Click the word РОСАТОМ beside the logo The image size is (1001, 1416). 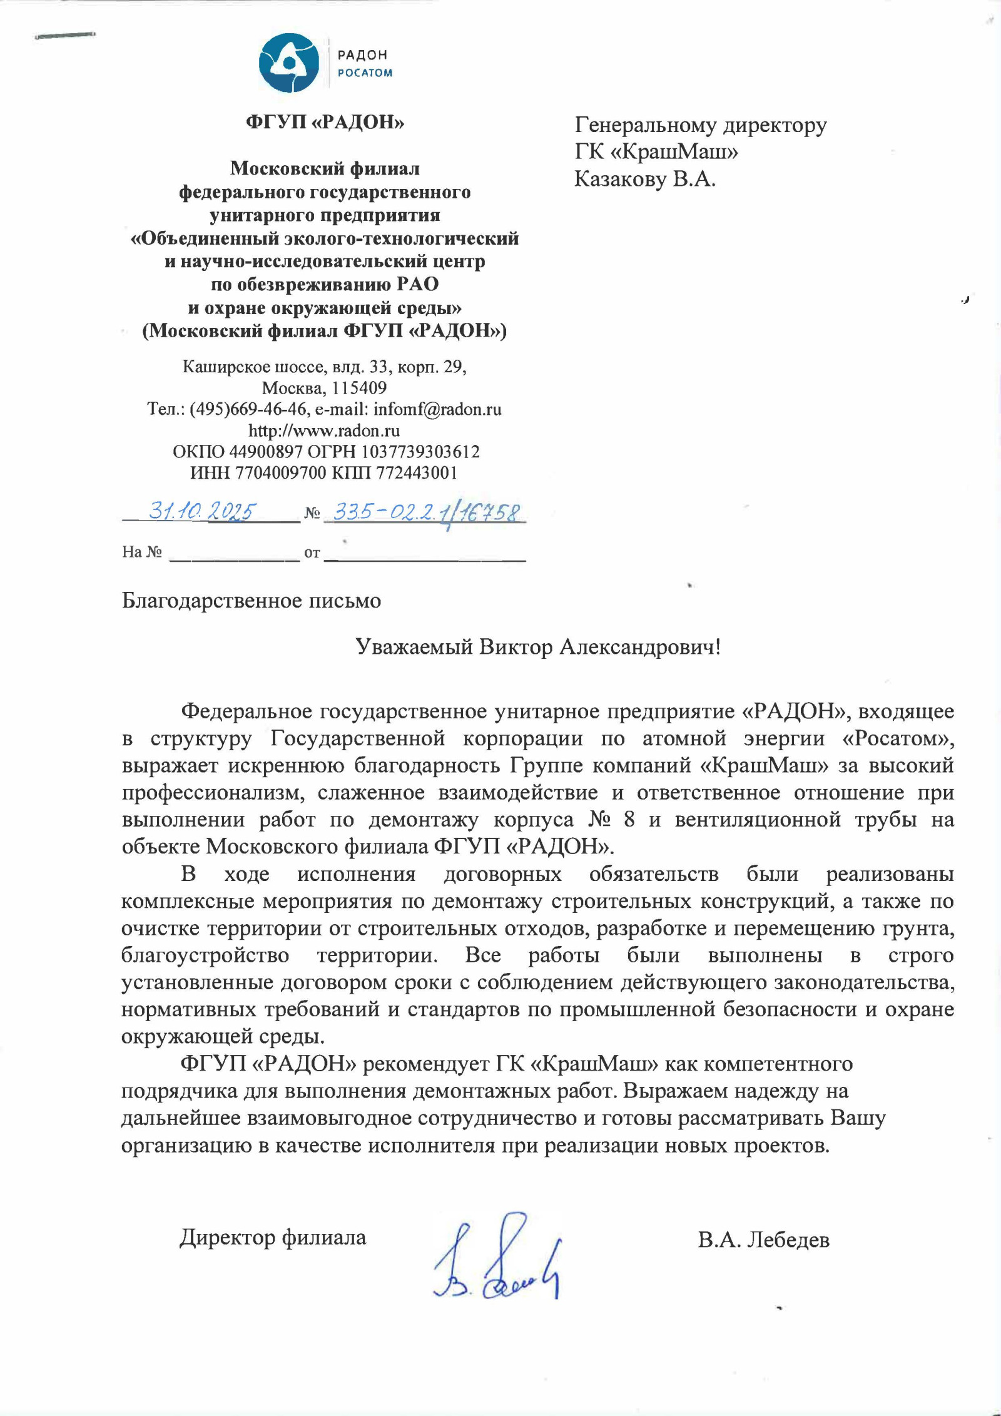(365, 73)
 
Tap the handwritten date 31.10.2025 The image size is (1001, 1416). (201, 512)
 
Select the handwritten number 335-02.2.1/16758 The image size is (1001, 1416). (425, 514)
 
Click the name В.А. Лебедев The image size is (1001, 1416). (763, 1240)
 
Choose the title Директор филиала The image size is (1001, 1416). (273, 1237)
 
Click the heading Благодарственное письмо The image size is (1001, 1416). (251, 601)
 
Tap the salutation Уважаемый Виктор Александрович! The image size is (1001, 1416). (538, 646)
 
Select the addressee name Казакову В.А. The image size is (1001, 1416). (644, 180)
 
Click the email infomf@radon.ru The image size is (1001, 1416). (437, 409)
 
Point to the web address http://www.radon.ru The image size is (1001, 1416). (324, 430)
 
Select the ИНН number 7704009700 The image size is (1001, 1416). (280, 472)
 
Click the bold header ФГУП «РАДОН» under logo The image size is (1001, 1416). (325, 122)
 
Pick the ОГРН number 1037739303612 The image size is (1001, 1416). (420, 451)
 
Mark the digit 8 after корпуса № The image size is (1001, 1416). (629, 820)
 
